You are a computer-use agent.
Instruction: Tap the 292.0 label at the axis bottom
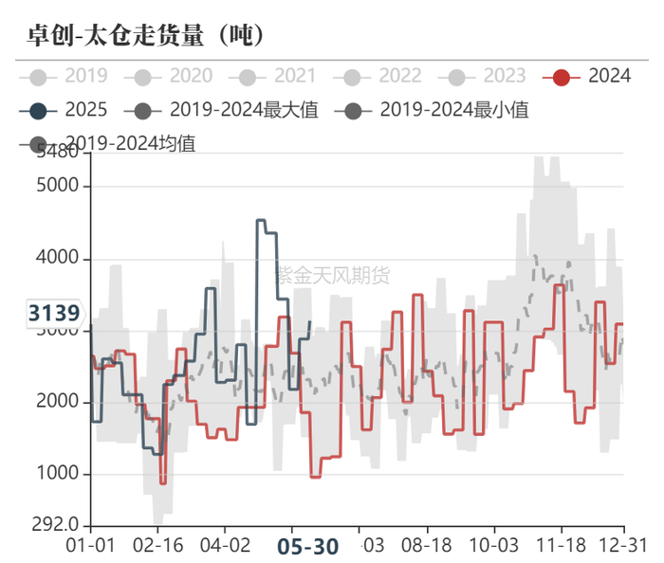coord(57,524)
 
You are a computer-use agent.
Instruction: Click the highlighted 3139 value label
coord(54,312)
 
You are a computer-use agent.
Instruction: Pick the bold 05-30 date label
coord(307,547)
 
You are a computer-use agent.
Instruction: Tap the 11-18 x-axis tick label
coord(561,547)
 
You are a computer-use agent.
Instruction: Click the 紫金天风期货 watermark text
coord(333,276)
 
